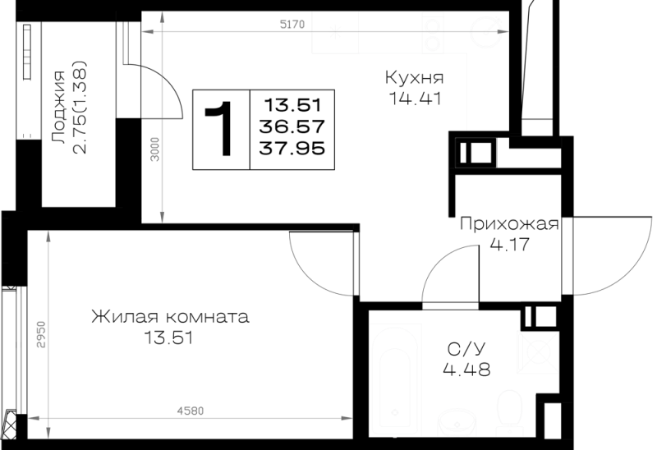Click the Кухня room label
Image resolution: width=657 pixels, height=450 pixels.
[414, 78]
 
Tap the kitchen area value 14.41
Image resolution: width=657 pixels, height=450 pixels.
[416, 99]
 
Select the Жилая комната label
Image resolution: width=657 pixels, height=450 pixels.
[170, 317]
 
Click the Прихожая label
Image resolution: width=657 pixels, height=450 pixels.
[509, 224]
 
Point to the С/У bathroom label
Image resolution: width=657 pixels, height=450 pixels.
[466, 349]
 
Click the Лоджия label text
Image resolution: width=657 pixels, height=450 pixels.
[57, 108]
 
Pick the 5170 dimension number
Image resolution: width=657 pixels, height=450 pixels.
[292, 25]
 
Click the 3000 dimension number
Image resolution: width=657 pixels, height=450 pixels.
[155, 149]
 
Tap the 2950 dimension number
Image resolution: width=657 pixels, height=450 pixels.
[40, 334]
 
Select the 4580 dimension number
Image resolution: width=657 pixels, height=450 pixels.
[191, 411]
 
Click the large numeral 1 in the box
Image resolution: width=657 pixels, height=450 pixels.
[220, 129]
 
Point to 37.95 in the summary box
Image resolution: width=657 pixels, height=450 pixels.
[292, 149]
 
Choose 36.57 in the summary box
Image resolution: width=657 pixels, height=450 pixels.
[292, 126]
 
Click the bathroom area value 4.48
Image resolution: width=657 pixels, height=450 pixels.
[466, 370]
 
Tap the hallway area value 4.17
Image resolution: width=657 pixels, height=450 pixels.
[509, 244]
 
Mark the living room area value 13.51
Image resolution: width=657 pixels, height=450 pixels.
[169, 337]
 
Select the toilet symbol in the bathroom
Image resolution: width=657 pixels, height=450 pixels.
[508, 413]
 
